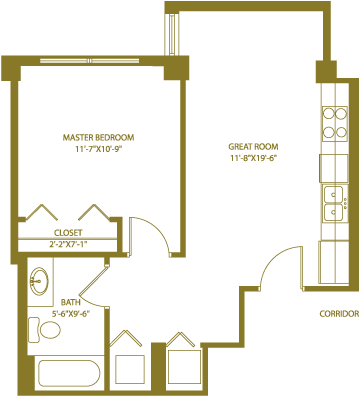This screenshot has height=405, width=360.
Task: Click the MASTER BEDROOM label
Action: tap(98, 137)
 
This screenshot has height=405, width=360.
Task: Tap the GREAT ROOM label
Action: tap(253, 147)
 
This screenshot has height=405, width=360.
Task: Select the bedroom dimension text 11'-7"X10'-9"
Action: tap(97, 149)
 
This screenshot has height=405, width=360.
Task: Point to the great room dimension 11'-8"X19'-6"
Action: tap(254, 158)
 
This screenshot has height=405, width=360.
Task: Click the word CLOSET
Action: tap(68, 233)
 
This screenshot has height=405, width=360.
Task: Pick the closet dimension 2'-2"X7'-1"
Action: tap(68, 244)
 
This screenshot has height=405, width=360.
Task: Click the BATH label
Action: tap(70, 302)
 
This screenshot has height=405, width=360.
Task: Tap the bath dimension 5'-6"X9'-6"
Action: tap(71, 314)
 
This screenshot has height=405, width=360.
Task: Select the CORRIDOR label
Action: tap(339, 314)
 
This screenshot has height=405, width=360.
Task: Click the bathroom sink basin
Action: tap(39, 281)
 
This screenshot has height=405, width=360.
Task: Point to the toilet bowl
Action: tap(50, 330)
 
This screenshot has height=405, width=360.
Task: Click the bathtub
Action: tap(69, 373)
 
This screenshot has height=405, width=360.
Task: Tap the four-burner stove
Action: tap(335, 124)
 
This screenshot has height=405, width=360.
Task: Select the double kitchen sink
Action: tap(334, 203)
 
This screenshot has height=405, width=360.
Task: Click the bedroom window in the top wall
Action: tap(90, 61)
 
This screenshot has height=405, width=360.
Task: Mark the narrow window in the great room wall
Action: tap(172, 34)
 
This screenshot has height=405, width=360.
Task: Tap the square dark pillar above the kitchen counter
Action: tap(326, 72)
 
